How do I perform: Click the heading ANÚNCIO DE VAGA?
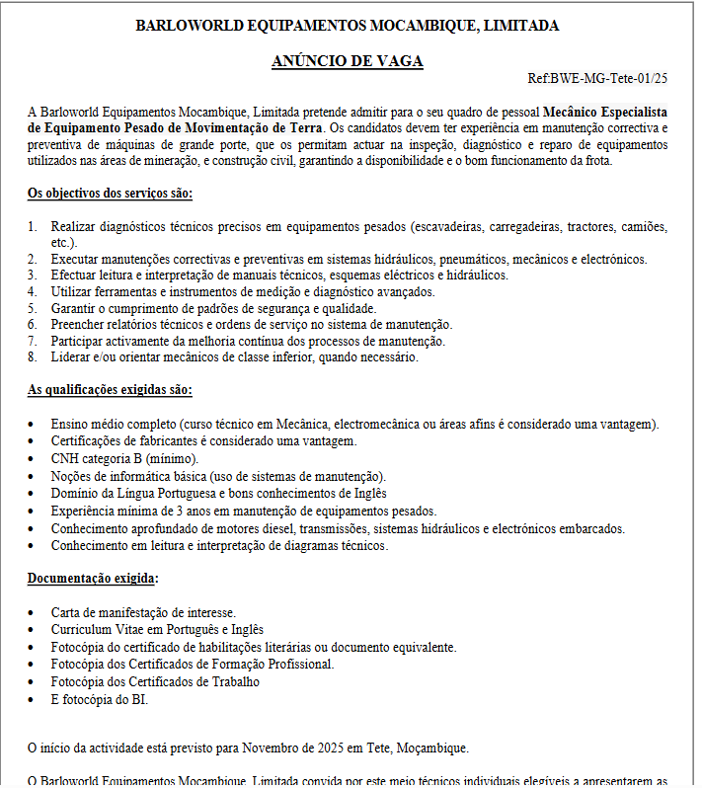pyautogui.click(x=348, y=61)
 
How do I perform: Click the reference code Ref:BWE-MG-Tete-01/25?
pyautogui.click(x=598, y=78)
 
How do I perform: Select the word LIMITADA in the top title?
pyautogui.click(x=523, y=26)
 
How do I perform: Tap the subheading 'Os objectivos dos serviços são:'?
pyautogui.click(x=110, y=193)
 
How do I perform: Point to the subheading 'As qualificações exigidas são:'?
pyautogui.click(x=110, y=390)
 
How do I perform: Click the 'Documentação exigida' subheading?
pyautogui.click(x=92, y=578)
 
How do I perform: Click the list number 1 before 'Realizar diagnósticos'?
pyautogui.click(x=33, y=227)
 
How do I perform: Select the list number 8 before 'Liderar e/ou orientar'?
pyautogui.click(x=33, y=357)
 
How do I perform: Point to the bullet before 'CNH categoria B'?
pyautogui.click(x=33, y=459)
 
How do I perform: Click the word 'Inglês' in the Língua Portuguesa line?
pyautogui.click(x=366, y=493)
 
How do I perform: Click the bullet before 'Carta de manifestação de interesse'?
pyautogui.click(x=33, y=613)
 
